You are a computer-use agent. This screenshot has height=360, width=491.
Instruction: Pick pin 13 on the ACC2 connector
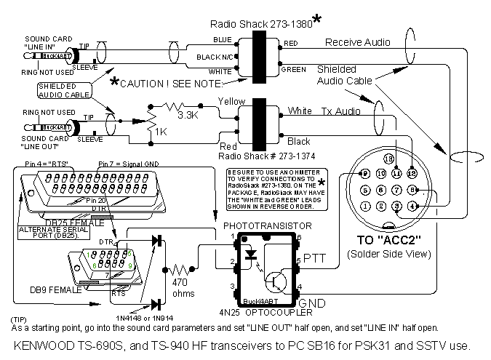388,159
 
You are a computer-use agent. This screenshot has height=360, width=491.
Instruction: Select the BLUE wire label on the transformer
222,38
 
